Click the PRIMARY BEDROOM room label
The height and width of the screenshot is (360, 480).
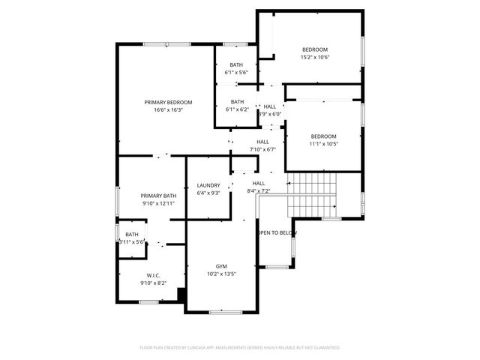169,102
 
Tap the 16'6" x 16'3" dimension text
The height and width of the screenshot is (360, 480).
169,110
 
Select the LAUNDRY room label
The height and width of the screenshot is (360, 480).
208,185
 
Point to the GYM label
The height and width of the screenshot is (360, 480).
221,266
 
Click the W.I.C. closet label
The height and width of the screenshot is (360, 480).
153,275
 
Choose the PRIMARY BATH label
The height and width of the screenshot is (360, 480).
158,195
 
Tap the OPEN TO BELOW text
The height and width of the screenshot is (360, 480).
277,233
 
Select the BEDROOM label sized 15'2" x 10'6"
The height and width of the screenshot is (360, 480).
316,49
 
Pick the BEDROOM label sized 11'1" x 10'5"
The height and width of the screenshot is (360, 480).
324,136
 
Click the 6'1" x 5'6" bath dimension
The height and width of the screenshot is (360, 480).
237,73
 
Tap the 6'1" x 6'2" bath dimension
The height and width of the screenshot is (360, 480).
237,109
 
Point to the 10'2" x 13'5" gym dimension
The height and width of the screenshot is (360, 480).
221,274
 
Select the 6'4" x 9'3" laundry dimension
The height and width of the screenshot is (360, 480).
208,193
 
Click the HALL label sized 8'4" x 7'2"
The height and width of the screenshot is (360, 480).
259,183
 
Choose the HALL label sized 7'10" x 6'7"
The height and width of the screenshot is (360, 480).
262,141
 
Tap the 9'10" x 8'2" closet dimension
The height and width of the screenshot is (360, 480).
153,283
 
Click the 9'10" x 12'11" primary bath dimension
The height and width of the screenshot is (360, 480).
158,203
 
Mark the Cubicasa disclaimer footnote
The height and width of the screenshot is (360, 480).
240,348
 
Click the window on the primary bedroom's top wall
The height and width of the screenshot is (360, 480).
166,44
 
